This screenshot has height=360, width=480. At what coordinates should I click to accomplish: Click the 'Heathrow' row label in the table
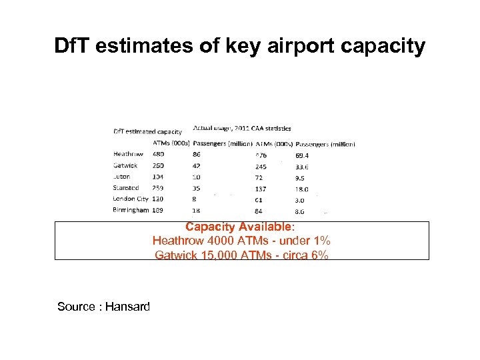point(127,154)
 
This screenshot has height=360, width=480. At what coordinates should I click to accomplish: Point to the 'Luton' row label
point(122,177)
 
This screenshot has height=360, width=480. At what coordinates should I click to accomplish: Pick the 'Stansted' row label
point(126,188)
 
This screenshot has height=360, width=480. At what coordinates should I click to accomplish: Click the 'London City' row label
point(131,199)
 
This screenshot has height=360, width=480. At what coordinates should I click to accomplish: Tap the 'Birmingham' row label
point(131,210)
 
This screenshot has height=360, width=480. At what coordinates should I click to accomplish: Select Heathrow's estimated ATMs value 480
point(159,154)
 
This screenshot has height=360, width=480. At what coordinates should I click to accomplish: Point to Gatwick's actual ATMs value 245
point(261,166)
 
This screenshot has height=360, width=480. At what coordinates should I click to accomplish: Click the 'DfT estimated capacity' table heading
point(147,131)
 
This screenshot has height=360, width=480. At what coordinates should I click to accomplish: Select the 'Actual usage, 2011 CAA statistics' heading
point(242,128)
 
